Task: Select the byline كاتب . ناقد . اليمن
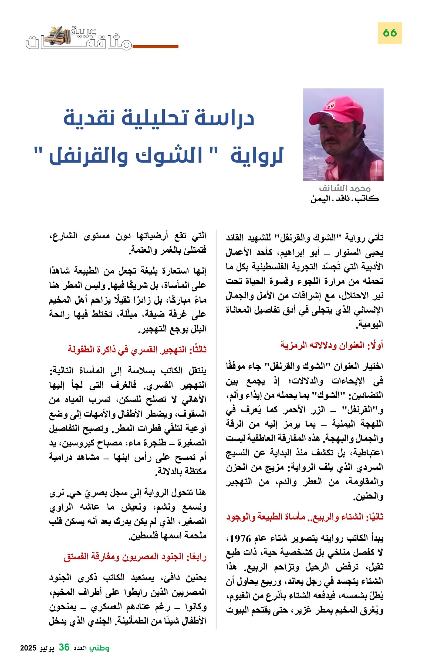tap(345, 199)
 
